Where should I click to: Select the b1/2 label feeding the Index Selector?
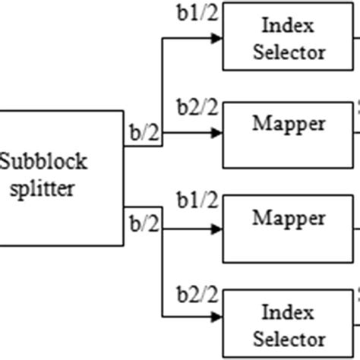point(197,13)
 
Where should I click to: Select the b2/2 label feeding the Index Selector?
point(197,294)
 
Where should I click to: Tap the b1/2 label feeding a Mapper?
point(197,201)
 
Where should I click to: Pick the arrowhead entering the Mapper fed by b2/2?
point(217,132)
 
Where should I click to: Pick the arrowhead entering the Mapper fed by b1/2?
point(217,226)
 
